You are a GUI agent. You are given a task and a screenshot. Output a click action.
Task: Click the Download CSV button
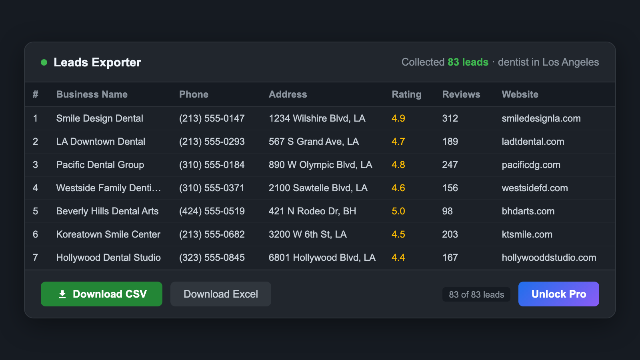tap(102, 294)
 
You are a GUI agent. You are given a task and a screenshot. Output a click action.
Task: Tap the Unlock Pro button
tap(558, 294)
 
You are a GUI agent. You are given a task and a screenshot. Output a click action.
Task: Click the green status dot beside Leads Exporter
tap(44, 62)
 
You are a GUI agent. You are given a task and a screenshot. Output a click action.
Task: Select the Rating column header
tap(406, 94)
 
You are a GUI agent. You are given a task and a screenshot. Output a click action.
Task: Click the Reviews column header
tap(461, 94)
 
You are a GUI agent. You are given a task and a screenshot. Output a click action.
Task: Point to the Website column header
tap(520, 94)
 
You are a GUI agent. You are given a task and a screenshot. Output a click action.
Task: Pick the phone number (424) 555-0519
tap(212, 211)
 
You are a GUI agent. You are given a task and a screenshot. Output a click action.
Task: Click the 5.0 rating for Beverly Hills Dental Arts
tap(398, 211)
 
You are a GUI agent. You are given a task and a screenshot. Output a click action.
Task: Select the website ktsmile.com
tap(527, 234)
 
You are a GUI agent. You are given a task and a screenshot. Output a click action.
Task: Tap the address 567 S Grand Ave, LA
tap(314, 142)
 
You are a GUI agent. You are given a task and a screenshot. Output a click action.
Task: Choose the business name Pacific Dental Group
tap(100, 165)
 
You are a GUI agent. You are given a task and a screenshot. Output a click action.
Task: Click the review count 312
tap(450, 118)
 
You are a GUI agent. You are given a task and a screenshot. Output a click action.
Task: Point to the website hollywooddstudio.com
tap(549, 258)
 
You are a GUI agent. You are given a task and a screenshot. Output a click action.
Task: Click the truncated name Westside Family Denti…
tap(108, 188)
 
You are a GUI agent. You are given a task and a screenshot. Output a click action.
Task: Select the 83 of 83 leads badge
tap(476, 294)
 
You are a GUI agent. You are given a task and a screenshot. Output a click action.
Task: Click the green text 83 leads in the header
tap(468, 62)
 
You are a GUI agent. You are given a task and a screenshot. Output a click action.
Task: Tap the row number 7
tap(35, 258)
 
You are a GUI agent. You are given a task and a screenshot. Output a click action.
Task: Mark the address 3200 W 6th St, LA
tap(308, 234)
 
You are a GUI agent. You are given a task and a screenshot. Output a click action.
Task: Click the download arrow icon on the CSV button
tap(62, 294)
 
